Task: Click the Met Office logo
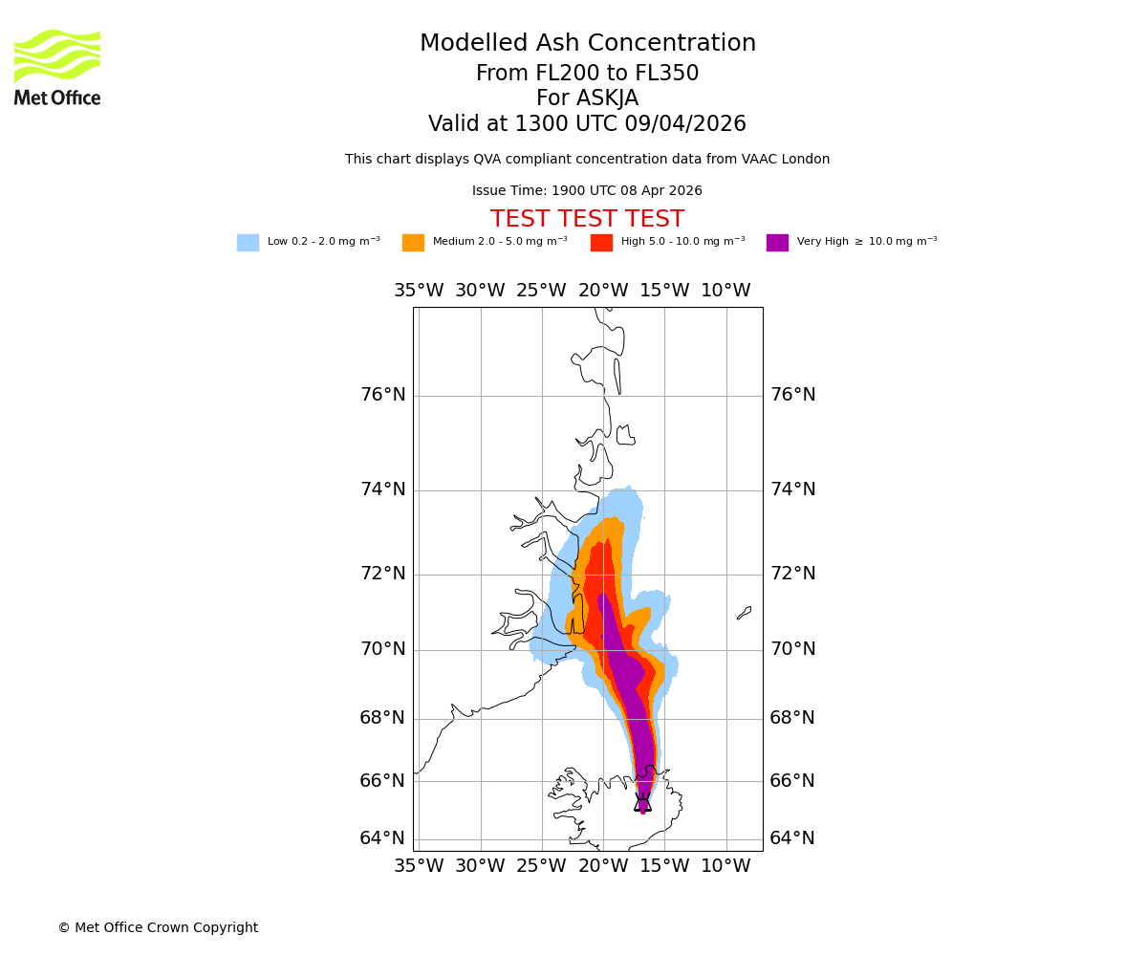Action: click(x=57, y=67)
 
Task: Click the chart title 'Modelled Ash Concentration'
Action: click(x=588, y=44)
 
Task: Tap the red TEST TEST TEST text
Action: click(x=587, y=220)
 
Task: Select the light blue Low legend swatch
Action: click(x=248, y=243)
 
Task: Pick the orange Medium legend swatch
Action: click(x=413, y=243)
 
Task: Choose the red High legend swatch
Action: click(x=601, y=243)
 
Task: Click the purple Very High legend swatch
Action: click(x=777, y=243)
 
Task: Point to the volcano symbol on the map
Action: click(x=642, y=803)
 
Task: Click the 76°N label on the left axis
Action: click(x=382, y=395)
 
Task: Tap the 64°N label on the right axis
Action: click(x=792, y=838)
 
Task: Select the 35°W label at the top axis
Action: click(x=419, y=291)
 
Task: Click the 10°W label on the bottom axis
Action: click(x=725, y=866)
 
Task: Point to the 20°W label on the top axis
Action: click(x=603, y=291)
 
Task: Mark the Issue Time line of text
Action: click(x=587, y=191)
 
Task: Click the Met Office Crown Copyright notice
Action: click(x=158, y=928)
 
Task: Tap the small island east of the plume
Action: click(x=744, y=613)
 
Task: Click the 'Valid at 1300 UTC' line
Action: click(x=587, y=124)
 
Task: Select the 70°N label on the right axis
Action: click(x=792, y=649)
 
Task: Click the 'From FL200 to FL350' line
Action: click(x=587, y=74)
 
